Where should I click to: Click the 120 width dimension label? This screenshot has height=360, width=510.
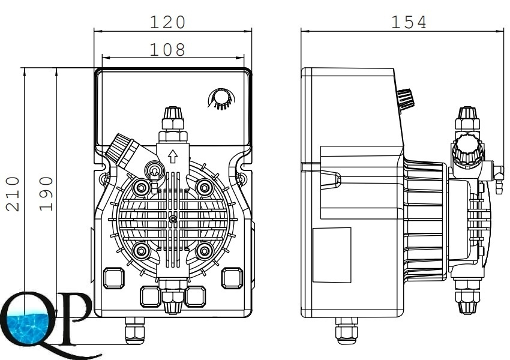coord(168,22)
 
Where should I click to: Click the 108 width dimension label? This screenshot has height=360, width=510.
coord(168,50)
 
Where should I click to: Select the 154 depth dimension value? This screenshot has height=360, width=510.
coord(409,22)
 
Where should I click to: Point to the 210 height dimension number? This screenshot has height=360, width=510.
coord(13,193)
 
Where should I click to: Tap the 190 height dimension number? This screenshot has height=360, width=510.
coord(47,193)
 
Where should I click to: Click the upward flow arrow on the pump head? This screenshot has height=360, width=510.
coord(173,157)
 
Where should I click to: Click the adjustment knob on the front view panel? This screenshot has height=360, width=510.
coord(220,98)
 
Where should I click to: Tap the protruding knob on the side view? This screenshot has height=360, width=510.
coord(406,99)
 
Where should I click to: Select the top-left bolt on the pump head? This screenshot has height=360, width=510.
coord(142,188)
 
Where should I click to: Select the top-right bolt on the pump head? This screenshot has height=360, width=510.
coord(204,188)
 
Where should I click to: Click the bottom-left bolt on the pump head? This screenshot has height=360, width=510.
coord(142,250)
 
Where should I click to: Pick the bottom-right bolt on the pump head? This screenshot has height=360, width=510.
coord(204,250)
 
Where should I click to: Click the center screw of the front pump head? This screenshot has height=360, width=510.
coord(173,220)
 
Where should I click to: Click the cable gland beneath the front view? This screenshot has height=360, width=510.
coord(135,331)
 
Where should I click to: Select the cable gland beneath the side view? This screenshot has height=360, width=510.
coord(346,331)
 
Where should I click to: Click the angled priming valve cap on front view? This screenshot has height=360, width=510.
coord(121,149)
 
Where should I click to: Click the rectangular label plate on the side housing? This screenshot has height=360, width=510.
coord(332,254)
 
